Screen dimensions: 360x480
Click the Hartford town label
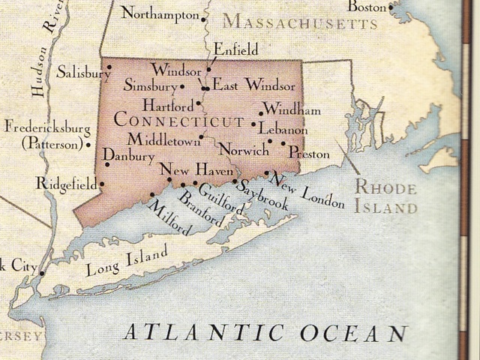pos(168,105)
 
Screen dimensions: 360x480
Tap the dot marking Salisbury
pos(109,67)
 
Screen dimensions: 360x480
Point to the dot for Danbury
pos(107,164)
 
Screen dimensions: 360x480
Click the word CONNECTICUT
pos(179,121)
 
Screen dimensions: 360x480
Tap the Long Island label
pos(127,264)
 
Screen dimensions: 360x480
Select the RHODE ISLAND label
pos(385,197)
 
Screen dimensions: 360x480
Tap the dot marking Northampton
pos(204,16)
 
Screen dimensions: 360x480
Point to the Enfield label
pos(235,49)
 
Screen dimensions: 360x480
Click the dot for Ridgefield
pos(102,184)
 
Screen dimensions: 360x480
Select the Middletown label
pos(163,139)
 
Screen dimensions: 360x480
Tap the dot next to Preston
pos(283,142)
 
